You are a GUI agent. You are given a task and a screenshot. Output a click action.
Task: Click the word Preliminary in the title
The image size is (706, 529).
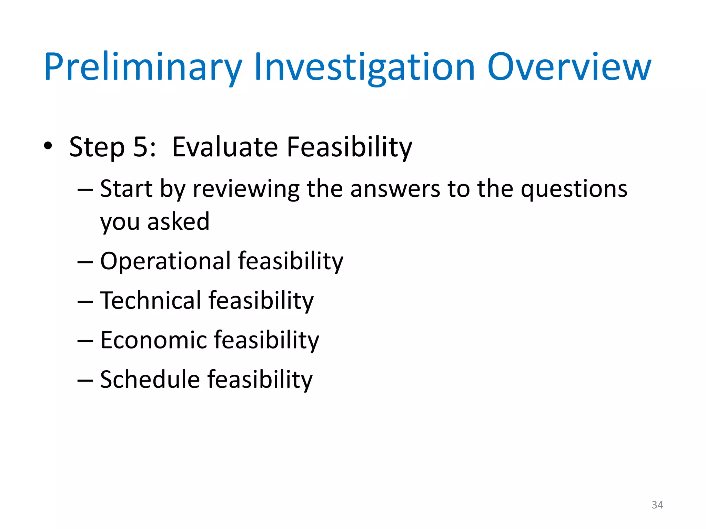(x=143, y=67)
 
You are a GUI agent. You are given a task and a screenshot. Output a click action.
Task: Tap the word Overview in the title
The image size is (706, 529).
(x=569, y=67)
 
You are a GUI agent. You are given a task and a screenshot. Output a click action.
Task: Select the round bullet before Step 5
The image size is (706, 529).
(x=48, y=146)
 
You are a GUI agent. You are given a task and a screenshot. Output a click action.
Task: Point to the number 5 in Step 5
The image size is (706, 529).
(x=141, y=147)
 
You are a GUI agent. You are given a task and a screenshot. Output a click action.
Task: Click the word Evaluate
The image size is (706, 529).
(x=224, y=147)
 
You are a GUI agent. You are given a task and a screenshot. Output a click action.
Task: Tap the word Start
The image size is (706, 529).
(x=126, y=189)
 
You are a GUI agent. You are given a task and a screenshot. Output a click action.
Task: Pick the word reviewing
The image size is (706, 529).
(x=246, y=189)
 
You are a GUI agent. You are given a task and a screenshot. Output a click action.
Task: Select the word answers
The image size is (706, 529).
(x=395, y=189)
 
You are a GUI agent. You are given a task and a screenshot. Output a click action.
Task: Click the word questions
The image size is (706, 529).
(x=574, y=189)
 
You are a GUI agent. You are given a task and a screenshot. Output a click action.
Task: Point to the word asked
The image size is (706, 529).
(x=178, y=221)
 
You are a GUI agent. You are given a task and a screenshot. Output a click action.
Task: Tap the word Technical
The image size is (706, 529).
(x=151, y=301)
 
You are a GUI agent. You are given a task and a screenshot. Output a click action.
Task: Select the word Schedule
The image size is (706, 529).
(x=150, y=380)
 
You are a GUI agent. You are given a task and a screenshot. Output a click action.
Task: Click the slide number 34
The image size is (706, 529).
(x=657, y=505)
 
